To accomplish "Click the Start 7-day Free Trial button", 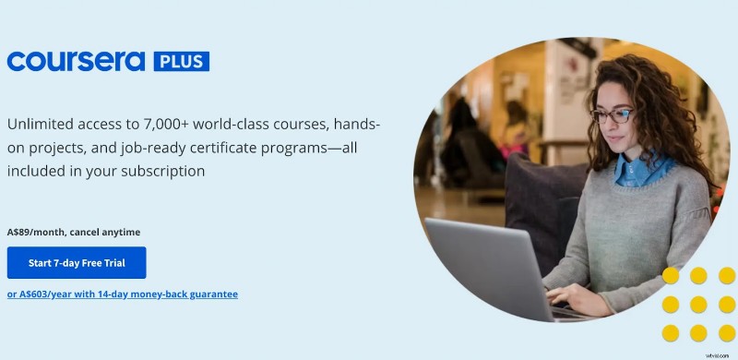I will click(77, 263).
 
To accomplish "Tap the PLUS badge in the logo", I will click(181, 62).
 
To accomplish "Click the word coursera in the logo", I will click(76, 62).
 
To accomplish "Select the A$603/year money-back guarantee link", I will click(123, 294).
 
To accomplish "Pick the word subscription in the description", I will click(161, 171).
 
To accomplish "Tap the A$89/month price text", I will click(34, 232).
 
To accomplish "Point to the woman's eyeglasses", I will click(611, 115).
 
